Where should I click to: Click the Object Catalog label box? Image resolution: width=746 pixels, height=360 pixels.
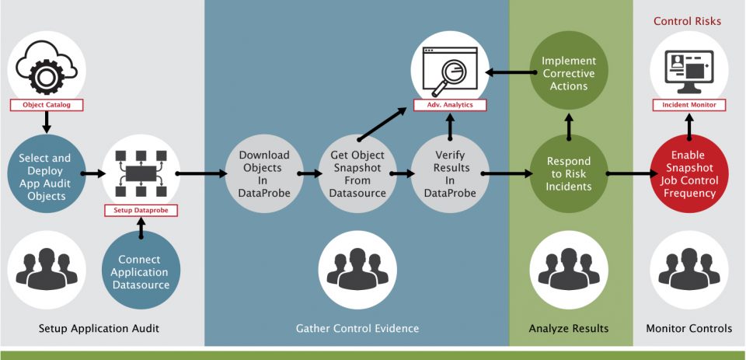[46, 104]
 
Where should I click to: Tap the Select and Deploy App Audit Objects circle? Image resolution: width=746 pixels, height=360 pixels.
[46, 176]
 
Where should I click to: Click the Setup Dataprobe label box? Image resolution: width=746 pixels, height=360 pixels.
[141, 210]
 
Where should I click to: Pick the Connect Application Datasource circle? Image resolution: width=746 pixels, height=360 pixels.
[140, 271]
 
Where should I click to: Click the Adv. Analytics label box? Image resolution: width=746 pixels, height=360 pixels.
[450, 104]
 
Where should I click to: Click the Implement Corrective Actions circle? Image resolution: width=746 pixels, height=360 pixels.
[569, 72]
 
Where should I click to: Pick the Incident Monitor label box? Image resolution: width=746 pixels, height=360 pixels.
[688, 104]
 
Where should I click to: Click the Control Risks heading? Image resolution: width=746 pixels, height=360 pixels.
[687, 21]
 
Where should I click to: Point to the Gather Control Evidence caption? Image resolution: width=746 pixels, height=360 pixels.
[357, 329]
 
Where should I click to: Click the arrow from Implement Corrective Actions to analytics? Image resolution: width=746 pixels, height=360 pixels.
[509, 73]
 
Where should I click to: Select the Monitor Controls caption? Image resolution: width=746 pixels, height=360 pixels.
[688, 329]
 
